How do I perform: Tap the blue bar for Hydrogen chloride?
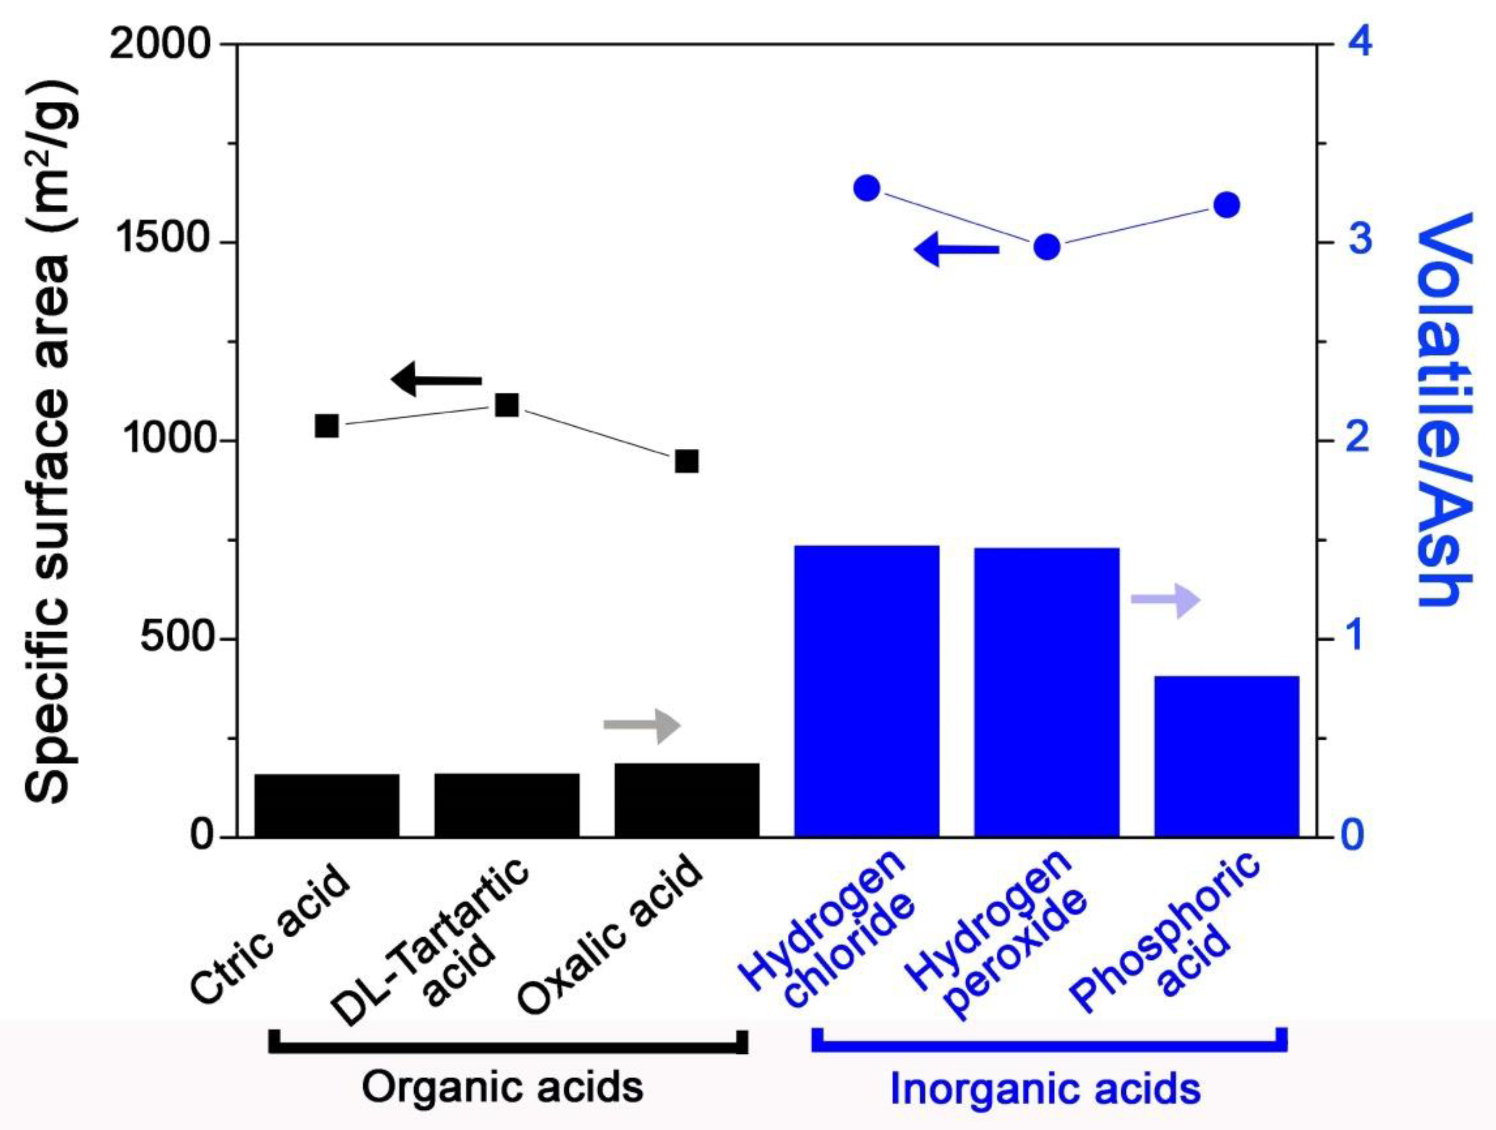[866, 691]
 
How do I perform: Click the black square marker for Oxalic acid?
[687, 462]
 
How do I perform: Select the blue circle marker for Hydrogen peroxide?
[1047, 248]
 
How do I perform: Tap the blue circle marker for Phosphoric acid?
[1226, 205]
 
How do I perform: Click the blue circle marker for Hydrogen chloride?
[866, 189]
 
